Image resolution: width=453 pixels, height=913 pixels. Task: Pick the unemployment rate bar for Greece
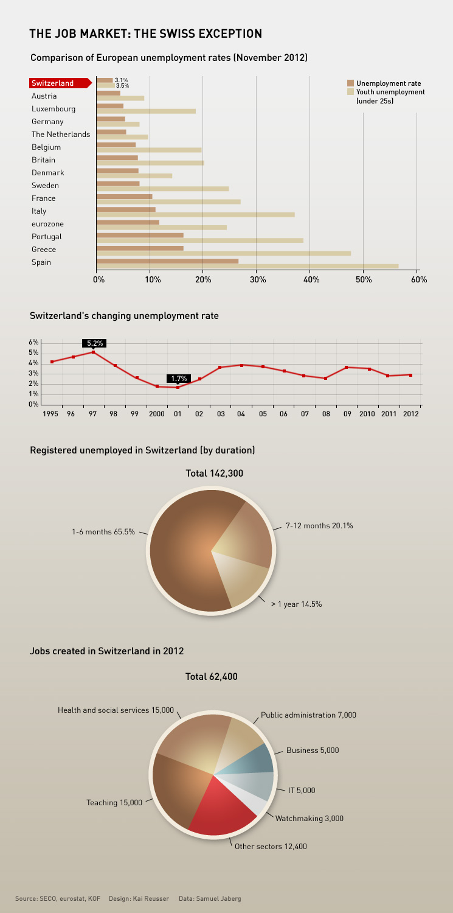[140, 248]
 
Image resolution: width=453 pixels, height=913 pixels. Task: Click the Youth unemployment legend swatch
[350, 91]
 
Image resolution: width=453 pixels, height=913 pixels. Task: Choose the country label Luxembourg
[54, 109]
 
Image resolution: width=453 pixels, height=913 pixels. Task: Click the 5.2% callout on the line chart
[94, 343]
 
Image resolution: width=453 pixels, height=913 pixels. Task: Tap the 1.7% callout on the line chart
[179, 379]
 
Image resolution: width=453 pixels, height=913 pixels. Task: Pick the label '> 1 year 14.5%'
[296, 604]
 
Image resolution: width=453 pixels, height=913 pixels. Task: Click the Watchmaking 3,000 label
[309, 819]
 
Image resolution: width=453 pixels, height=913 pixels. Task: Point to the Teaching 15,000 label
[114, 803]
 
